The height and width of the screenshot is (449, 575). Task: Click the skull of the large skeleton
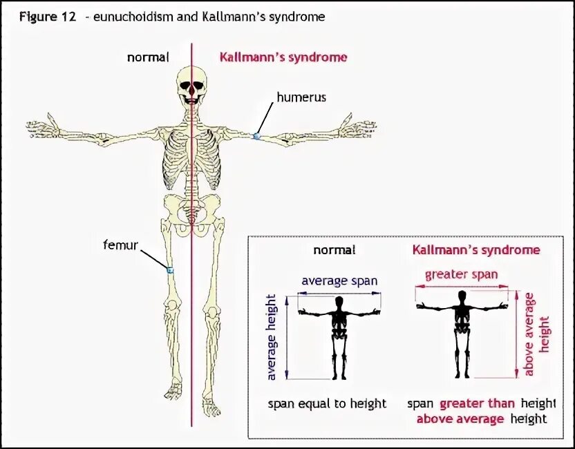click(191, 84)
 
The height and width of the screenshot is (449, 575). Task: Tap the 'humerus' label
click(301, 97)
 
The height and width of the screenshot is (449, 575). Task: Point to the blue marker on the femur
click(170, 269)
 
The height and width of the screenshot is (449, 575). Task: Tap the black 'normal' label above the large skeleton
click(148, 57)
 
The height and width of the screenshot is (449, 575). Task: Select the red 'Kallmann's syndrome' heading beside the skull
click(283, 57)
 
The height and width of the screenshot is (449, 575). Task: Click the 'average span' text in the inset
click(339, 281)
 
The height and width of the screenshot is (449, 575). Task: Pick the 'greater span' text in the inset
click(461, 274)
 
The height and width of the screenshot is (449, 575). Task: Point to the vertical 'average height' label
click(272, 337)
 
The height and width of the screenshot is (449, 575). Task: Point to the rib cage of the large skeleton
click(191, 160)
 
